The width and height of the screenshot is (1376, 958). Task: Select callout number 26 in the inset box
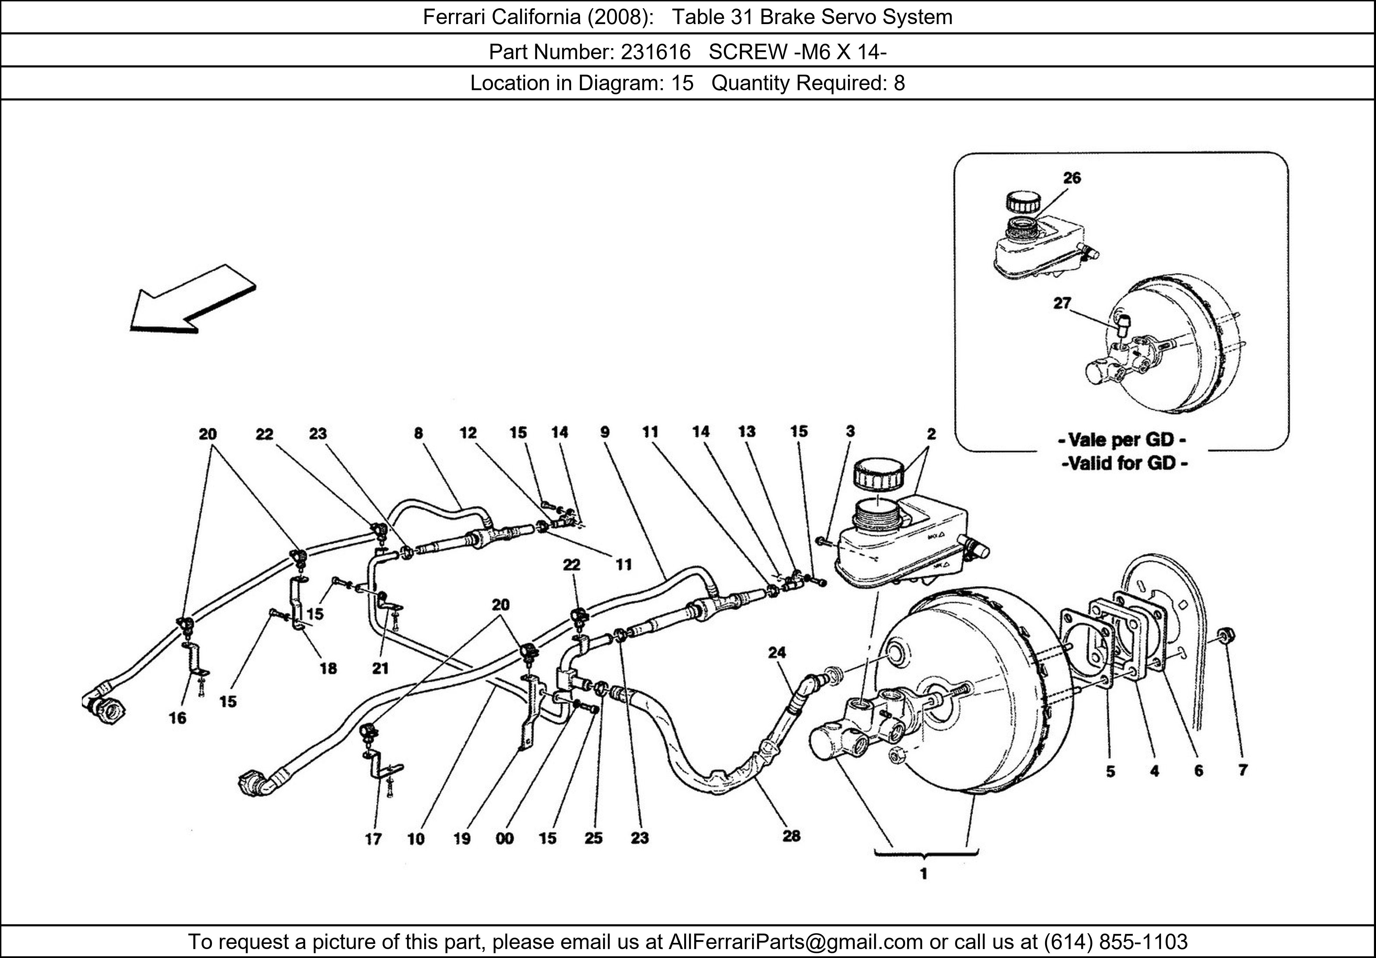point(1072,178)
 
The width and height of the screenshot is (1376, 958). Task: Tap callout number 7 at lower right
point(1242,770)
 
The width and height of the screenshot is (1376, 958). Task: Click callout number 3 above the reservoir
point(850,431)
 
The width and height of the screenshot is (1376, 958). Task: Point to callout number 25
point(593,838)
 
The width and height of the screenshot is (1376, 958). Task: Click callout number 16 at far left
point(178,717)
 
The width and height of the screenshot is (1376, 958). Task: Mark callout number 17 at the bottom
point(373,839)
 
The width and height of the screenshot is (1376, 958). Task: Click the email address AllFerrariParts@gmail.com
point(795,942)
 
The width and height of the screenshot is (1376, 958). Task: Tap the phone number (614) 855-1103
point(1116,942)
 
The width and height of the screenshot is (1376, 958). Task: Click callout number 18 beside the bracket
point(328,669)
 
